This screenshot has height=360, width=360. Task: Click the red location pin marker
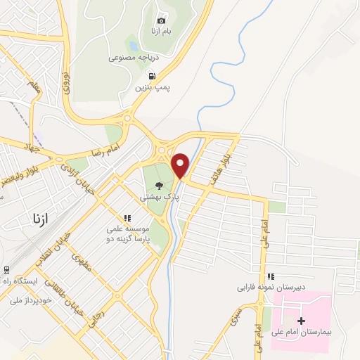[181, 165]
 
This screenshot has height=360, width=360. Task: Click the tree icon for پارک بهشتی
[160, 186]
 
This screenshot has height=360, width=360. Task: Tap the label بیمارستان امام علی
[303, 330]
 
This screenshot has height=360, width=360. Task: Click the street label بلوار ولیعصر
[21, 172]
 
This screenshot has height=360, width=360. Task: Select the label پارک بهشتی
[158, 198]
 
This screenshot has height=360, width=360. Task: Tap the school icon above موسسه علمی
[128, 219]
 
